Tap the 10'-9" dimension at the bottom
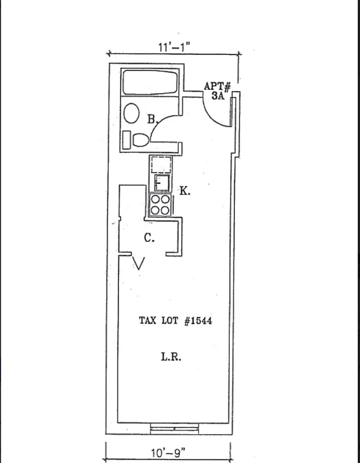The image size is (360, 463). [x=167, y=455]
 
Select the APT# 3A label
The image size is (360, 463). [x=218, y=91]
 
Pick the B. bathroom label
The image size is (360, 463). [x=152, y=120]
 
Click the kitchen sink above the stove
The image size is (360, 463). [x=161, y=183]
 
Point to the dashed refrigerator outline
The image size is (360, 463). [x=161, y=164]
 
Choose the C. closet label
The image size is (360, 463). [x=149, y=237]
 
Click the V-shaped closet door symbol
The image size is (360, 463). [x=139, y=264]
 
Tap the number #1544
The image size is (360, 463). [x=198, y=320]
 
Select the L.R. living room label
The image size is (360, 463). [x=171, y=357]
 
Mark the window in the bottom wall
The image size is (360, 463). [x=173, y=428]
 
